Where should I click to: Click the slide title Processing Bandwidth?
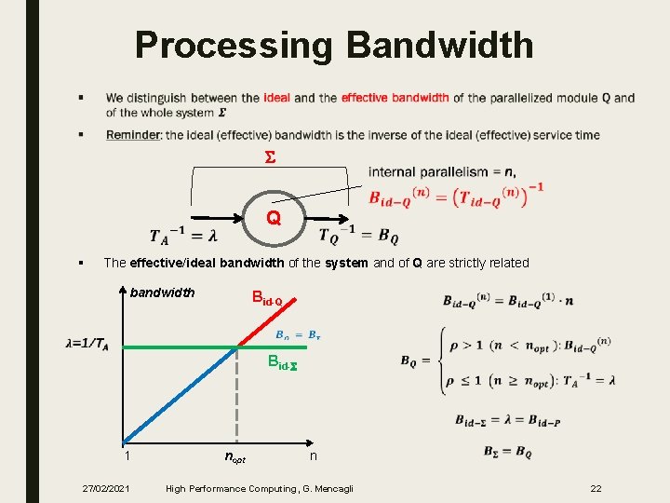[334, 45]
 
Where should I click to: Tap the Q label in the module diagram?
[273, 218]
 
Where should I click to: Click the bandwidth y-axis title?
[163, 292]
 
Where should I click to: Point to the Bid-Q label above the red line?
[274, 298]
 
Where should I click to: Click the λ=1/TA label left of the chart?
[87, 343]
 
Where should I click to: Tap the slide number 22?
[596, 488]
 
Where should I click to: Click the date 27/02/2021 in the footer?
[106, 488]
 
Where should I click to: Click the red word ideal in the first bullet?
[276, 98]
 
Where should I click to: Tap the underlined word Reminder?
[133, 135]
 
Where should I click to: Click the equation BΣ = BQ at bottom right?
[507, 452]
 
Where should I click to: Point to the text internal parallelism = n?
[442, 171]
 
